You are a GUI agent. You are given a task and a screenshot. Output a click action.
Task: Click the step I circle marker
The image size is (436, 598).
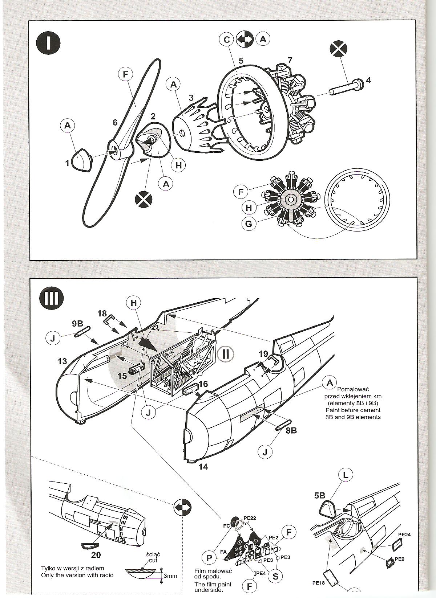pyautogui.click(x=48, y=42)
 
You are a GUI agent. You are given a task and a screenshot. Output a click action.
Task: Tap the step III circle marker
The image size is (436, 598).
pyautogui.click(x=51, y=298)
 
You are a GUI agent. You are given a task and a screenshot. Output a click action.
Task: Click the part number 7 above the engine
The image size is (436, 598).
pyautogui.click(x=290, y=60)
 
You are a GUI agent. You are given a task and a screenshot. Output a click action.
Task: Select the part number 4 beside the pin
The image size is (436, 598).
pyautogui.click(x=368, y=80)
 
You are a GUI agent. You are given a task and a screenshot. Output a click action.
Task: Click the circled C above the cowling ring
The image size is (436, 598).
pyautogui.click(x=227, y=39)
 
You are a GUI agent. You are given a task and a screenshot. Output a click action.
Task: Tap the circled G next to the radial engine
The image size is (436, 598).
pyautogui.click(x=249, y=224)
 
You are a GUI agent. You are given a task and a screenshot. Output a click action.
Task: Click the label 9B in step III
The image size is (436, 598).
pyautogui.click(x=77, y=324)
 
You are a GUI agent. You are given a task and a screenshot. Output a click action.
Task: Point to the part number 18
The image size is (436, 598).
pyautogui.click(x=102, y=313)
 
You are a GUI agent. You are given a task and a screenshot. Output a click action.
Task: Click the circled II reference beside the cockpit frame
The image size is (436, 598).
pyautogui.click(x=226, y=353)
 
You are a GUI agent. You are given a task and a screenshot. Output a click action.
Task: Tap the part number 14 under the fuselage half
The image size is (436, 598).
pyautogui.click(x=203, y=467)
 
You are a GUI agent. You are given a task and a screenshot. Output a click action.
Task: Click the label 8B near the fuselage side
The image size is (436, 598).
pyautogui.click(x=291, y=430)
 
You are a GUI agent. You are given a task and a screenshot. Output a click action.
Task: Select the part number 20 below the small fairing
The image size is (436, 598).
pyautogui.click(x=96, y=554)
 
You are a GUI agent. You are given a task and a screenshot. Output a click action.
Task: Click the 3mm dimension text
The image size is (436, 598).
pyautogui.click(x=170, y=576)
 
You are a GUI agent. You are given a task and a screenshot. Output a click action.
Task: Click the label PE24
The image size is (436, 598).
pyautogui.click(x=404, y=534)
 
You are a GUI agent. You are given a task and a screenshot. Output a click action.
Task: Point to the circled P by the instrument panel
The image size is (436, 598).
pyautogui.click(x=209, y=557)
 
